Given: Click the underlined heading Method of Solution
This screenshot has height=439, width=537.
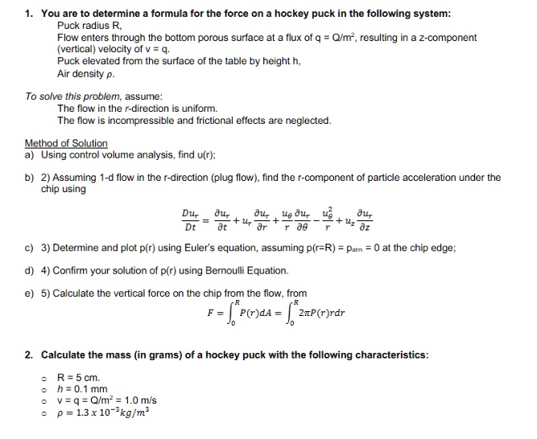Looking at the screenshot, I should coord(66,143).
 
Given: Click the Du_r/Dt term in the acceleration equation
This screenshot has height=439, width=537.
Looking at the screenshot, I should coord(191,219).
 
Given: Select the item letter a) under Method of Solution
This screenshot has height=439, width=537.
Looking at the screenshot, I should coord(29,154).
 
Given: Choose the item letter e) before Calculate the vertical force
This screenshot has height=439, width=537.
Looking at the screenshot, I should coord(29,292).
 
